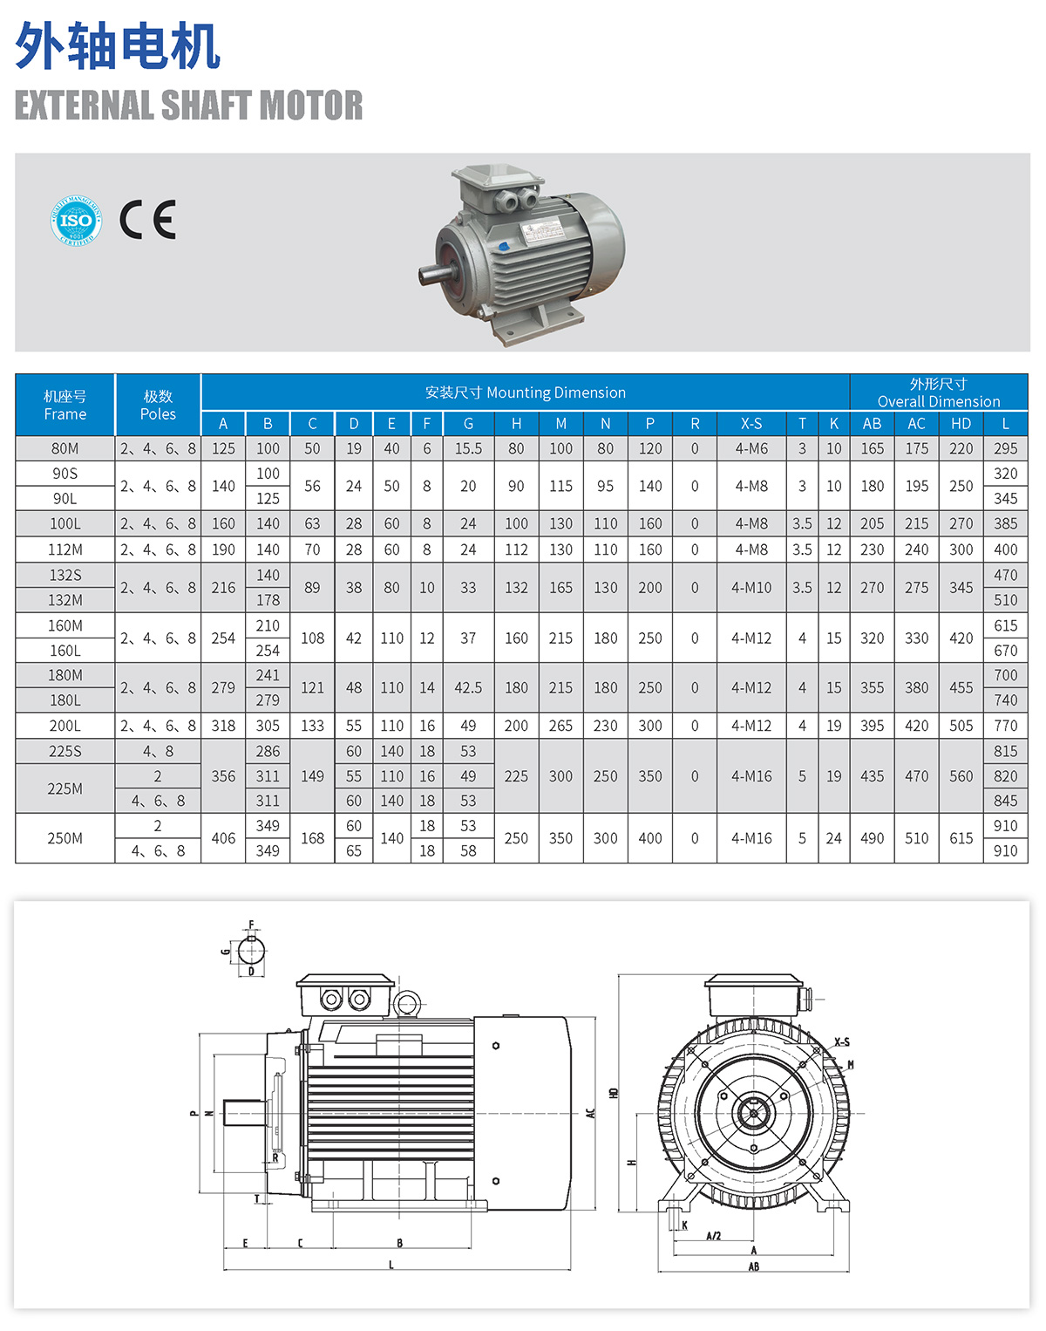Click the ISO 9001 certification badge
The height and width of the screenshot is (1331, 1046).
coord(76,221)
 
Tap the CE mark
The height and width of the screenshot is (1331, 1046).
coord(148,220)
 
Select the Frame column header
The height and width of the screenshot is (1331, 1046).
coord(65,405)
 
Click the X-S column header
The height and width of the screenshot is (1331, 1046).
coord(751,424)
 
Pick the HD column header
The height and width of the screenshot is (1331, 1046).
coord(961,424)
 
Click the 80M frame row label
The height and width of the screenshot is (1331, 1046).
coord(65,448)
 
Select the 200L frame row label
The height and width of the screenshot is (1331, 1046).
coord(65,726)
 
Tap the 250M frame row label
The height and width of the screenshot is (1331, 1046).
coord(65,838)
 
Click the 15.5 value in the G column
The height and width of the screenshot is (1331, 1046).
coord(468,448)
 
